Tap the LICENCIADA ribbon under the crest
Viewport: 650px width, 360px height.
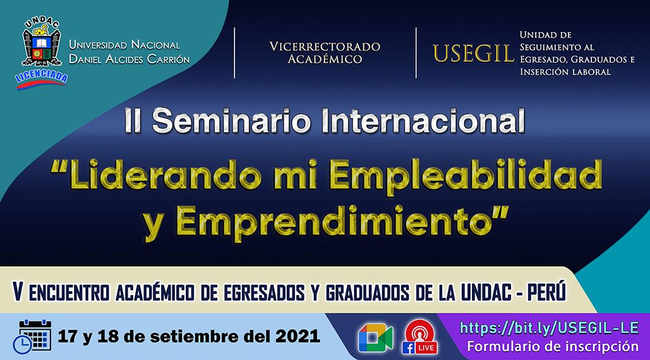(42, 79)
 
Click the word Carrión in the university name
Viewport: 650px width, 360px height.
(168, 59)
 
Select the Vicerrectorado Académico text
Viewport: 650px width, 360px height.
(325, 52)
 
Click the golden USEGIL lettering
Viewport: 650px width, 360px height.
(473, 53)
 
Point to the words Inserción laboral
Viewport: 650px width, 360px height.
(565, 71)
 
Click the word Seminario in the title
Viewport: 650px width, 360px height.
(231, 121)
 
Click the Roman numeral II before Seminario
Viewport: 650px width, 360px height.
(133, 121)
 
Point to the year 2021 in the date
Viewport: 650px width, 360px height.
(298, 336)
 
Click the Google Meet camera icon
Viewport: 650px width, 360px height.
(376, 338)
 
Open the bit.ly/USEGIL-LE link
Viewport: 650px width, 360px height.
(550, 328)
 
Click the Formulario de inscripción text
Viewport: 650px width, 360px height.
(553, 346)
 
